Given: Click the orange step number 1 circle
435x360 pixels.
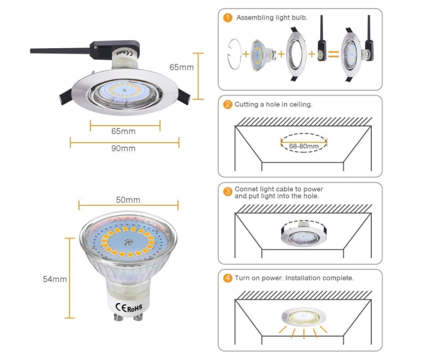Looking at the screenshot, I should pyautogui.click(x=228, y=18).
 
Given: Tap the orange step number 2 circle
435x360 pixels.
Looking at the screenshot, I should pyautogui.click(x=228, y=105).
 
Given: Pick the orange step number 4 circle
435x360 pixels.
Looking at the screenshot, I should pyautogui.click(x=228, y=278).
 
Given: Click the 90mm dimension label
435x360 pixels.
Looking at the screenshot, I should pyautogui.click(x=124, y=149).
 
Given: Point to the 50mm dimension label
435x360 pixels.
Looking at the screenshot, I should pyautogui.click(x=128, y=200).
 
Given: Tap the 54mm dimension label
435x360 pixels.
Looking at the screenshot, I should pyautogui.click(x=55, y=279).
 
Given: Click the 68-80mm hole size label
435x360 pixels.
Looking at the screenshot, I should pyautogui.click(x=304, y=146).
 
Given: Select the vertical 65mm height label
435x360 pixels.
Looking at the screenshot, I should pyautogui.click(x=182, y=67).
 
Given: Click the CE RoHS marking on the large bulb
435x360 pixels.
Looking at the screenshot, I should pyautogui.click(x=129, y=305).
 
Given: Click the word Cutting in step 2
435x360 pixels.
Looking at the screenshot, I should pyautogui.click(x=247, y=105).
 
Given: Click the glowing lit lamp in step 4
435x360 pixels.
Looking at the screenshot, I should pyautogui.click(x=303, y=318).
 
